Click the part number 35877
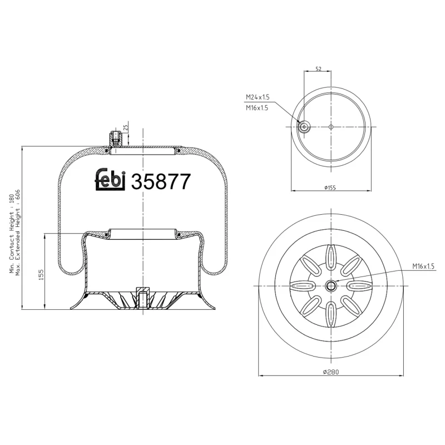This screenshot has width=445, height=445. [161, 182]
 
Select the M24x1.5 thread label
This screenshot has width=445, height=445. [257, 97]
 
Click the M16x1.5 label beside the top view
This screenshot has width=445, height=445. [257, 108]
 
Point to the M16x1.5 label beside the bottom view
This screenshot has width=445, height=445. [423, 266]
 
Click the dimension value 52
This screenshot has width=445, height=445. [318, 69]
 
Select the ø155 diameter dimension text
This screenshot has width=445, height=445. [330, 187]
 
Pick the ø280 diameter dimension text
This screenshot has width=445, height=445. [331, 372]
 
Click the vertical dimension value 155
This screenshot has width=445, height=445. [41, 275]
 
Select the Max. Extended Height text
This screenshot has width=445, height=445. [18, 234]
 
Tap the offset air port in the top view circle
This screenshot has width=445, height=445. [304, 127]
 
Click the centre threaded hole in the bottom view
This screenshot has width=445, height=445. [331, 286]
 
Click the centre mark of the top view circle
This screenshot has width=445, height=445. [331, 127]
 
